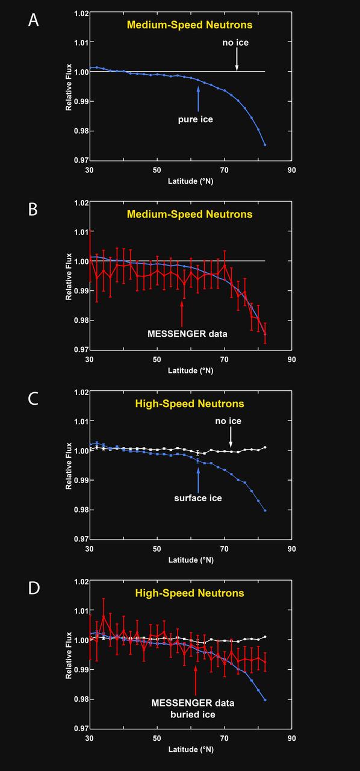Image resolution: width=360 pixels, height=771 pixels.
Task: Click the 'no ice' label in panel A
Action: coord(236,43)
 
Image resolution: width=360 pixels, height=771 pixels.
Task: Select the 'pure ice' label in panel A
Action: coord(195,119)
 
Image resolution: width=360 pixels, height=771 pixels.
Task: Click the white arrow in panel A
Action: coord(237,59)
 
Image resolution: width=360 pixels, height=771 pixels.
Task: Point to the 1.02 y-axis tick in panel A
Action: coord(80,13)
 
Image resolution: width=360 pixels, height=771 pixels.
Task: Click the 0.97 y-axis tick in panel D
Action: coord(80,729)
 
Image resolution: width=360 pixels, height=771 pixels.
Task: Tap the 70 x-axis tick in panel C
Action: coord(224,549)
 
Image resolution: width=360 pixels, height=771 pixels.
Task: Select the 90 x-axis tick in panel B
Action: coord(291,360)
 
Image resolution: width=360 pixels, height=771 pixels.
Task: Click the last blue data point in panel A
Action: coord(265,145)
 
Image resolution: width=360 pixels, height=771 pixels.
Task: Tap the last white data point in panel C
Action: coord(265,448)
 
